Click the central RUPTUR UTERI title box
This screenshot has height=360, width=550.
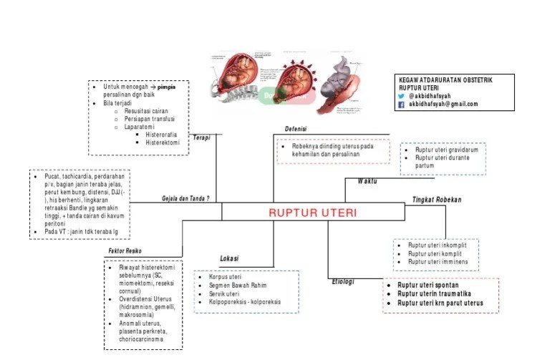pyautogui.click(x=312, y=213)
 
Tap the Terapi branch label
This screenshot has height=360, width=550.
pyautogui.click(x=201, y=137)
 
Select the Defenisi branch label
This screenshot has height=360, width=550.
pyautogui.click(x=296, y=129)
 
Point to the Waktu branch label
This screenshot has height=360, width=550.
pyautogui.click(x=367, y=181)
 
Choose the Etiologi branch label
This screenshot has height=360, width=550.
pyautogui.click(x=343, y=281)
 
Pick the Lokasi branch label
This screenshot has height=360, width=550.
pyautogui.click(x=229, y=258)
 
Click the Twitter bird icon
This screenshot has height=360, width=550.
pyautogui.click(x=401, y=95)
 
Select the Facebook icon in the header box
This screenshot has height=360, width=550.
pyautogui.click(x=401, y=104)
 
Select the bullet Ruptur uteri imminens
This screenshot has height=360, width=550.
pyautogui.click(x=437, y=262)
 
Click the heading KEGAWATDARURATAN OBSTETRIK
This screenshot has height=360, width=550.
pyautogui.click(x=445, y=79)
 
